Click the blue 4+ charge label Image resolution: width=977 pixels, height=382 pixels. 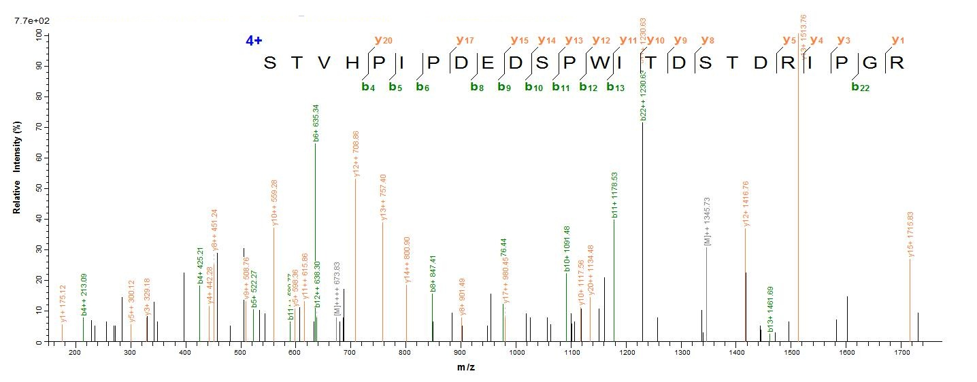coord(254,41)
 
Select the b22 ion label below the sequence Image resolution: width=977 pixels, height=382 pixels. coord(860,86)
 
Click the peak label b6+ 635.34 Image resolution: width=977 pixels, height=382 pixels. coord(315,123)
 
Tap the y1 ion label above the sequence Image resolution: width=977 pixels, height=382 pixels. coord(898,40)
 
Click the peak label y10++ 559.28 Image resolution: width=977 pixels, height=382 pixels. coord(274,202)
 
